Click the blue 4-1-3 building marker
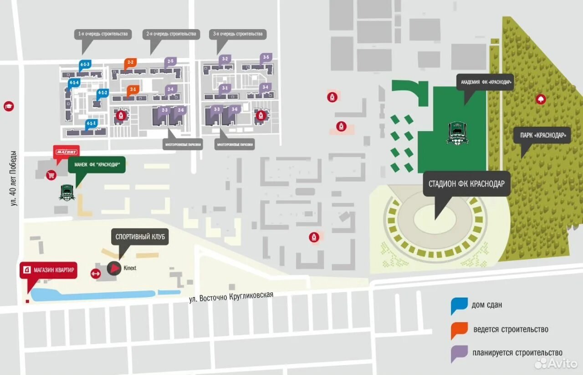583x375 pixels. [x=85, y=65]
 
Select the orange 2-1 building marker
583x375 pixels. [x=133, y=90]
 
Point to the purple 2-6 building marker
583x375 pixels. [x=181, y=110]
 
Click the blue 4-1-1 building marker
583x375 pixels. [x=92, y=123]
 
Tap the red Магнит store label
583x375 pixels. [x=66, y=152]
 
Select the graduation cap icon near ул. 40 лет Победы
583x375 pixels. [x=8, y=106]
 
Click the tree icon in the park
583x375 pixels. [x=541, y=98]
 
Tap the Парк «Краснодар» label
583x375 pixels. [x=542, y=135]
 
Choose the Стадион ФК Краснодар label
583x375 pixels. [x=466, y=184]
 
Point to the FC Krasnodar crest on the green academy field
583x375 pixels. [x=455, y=133]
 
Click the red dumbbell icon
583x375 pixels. [x=96, y=273]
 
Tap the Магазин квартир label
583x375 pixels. [x=49, y=270]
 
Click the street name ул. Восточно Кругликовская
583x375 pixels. [x=231, y=297]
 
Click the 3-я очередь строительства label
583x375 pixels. [x=238, y=34]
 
